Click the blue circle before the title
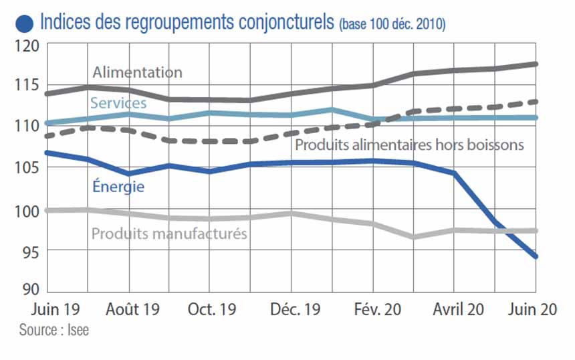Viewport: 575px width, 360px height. pos(25,23)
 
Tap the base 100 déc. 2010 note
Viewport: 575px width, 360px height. pos(392,25)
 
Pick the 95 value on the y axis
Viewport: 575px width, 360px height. pos(29,251)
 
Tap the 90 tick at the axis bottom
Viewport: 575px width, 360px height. pos(29,289)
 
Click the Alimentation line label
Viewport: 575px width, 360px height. pos(137,72)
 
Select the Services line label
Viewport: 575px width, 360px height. pos(118,103)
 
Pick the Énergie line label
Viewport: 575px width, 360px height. pos(118,187)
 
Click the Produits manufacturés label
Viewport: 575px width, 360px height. pos(169,234)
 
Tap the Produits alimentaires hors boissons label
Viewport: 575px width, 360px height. pos(409,145)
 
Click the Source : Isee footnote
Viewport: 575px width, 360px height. pos(53,330)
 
